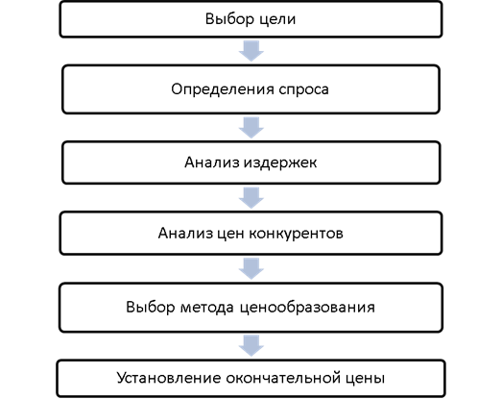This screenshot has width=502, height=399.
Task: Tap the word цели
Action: pos(277,20)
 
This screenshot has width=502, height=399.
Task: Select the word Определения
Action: pos(222,89)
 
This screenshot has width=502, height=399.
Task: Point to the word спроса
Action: pos(304,90)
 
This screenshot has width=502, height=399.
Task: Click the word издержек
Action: pos(280,163)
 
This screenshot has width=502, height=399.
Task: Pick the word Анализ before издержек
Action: pos(212,162)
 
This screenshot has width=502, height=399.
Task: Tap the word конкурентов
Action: pos(297,234)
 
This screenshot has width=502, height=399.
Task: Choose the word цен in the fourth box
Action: pos(230,235)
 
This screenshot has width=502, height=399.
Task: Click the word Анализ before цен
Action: pos(185,233)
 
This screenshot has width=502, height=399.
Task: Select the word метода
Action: pos(207,308)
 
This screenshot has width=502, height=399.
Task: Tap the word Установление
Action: pos(169,378)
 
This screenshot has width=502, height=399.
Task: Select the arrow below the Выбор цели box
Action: pos(251,51)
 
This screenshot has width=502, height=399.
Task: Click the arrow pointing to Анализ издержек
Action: pos(251,128)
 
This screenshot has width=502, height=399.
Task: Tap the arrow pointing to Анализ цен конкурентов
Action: pos(251,198)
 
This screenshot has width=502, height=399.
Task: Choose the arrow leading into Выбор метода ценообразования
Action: pos(251,269)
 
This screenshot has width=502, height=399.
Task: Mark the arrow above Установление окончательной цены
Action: pos(251,346)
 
